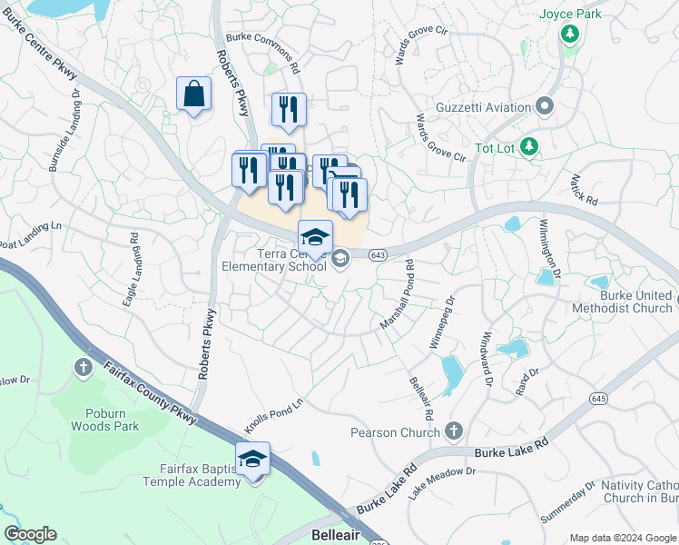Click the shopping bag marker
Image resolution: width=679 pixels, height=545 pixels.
pos(193,94)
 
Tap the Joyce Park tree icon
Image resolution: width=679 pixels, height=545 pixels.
pos(569,34)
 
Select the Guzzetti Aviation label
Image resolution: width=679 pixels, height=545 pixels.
pos(487,108)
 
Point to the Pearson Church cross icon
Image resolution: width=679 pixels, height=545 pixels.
pos(454,431)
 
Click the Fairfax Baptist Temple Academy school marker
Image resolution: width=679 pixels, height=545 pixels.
pos(253,460)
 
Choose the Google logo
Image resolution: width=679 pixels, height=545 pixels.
pos(30,534)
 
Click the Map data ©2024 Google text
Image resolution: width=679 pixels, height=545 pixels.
pos(623,538)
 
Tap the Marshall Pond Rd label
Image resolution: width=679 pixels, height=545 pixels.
pos(398,295)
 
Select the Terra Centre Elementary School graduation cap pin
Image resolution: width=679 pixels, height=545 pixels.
pos(315,238)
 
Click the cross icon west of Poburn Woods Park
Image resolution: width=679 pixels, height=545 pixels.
pos(83,368)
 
